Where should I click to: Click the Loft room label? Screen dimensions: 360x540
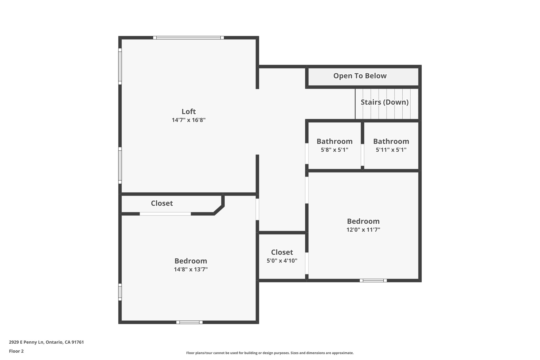pyautogui.click(x=189, y=111)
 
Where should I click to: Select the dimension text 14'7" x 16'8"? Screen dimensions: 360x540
pyautogui.click(x=189, y=120)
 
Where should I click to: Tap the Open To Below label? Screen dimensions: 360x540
pyautogui.click(x=360, y=76)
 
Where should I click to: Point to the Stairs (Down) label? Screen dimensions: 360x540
pyautogui.click(x=384, y=102)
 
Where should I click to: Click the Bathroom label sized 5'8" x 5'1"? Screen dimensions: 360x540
pyautogui.click(x=334, y=141)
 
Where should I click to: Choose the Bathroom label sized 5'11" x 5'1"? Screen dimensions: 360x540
pyautogui.click(x=391, y=141)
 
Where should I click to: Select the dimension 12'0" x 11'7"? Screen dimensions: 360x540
pyautogui.click(x=363, y=230)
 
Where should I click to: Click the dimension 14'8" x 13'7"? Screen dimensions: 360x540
pyautogui.click(x=191, y=270)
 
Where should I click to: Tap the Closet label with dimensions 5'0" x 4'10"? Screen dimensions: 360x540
pyautogui.click(x=282, y=252)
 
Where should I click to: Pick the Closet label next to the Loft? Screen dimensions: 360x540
pyautogui.click(x=162, y=203)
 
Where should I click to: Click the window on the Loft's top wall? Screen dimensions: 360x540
pyautogui.click(x=189, y=38)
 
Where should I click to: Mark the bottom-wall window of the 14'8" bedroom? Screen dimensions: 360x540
pyautogui.click(x=189, y=322)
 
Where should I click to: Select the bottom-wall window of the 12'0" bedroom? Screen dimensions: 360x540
pyautogui.click(x=373, y=280)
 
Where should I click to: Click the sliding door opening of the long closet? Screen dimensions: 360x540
pyautogui.click(x=165, y=214)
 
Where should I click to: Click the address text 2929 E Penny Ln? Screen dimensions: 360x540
pyautogui.click(x=46, y=342)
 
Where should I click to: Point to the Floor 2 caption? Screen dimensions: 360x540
pyautogui.click(x=16, y=351)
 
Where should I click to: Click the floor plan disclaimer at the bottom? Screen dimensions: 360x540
pyautogui.click(x=270, y=353)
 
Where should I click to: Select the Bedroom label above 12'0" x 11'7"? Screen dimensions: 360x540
pyautogui.click(x=363, y=221)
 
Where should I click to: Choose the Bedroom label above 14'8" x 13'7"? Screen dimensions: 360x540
pyautogui.click(x=191, y=261)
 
